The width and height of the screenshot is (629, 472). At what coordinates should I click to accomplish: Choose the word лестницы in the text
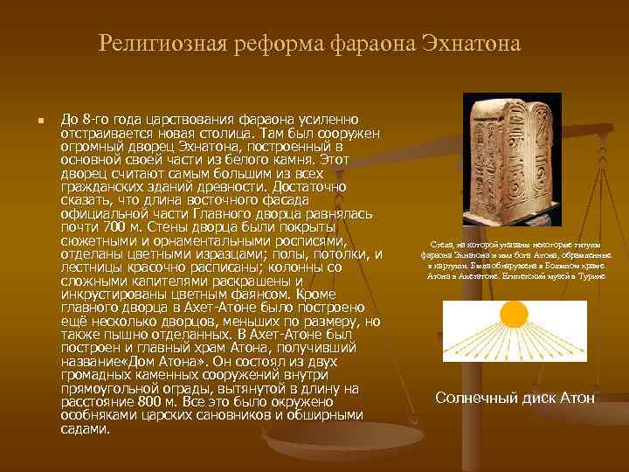[90, 268]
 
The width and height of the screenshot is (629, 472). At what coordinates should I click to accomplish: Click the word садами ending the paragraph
[85, 429]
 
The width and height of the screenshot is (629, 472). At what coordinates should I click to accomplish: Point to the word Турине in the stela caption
[591, 275]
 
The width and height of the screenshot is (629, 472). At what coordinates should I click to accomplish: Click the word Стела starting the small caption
[442, 246]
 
